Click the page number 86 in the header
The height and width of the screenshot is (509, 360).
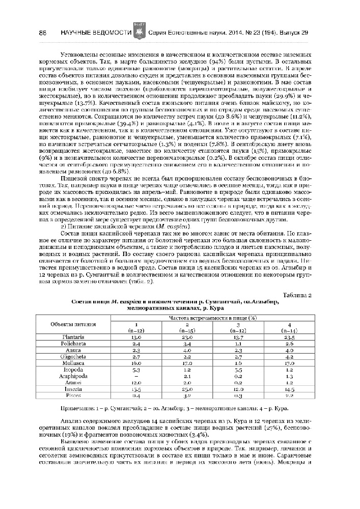click(43, 33)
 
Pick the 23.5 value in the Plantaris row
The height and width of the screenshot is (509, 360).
click(290, 337)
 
